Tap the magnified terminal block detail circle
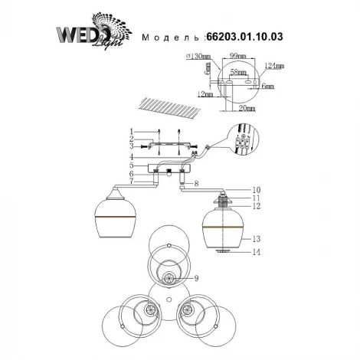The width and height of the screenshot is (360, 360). pyautogui.click(x=243, y=144)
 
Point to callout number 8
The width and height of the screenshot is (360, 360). pyautogui.click(x=197, y=184)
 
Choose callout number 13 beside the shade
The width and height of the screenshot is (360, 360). pyautogui.click(x=258, y=237)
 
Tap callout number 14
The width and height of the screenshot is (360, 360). pyautogui.click(x=258, y=251)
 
